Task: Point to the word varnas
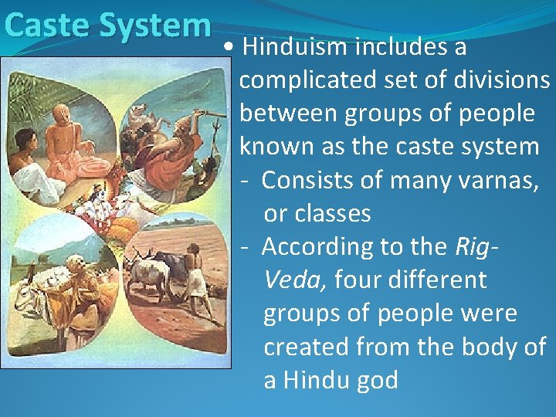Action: point(505,181)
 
